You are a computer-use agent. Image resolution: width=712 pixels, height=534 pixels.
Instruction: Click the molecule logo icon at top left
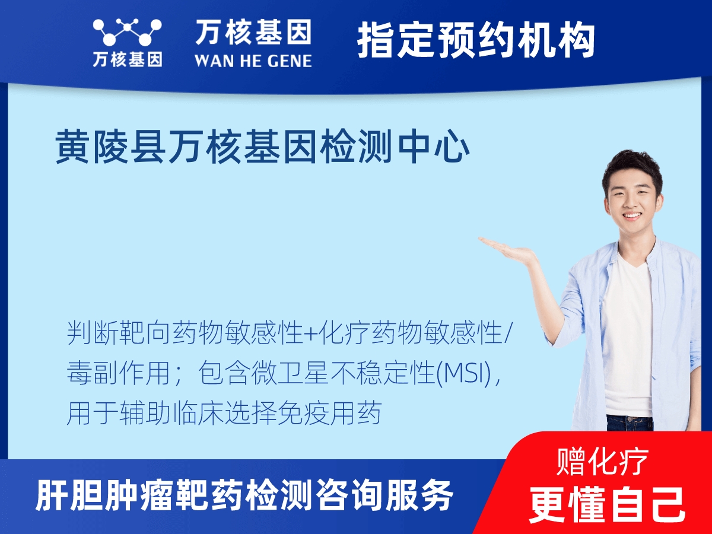click(127, 33)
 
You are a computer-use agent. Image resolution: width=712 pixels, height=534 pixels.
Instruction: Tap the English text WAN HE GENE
click(253, 60)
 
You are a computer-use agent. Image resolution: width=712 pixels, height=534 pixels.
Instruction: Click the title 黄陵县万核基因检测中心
click(263, 148)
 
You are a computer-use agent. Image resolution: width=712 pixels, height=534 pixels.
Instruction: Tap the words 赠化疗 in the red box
click(603, 461)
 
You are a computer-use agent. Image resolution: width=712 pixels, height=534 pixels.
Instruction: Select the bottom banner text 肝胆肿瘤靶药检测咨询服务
click(245, 495)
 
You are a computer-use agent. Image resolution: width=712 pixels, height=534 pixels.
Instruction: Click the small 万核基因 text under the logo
click(127, 59)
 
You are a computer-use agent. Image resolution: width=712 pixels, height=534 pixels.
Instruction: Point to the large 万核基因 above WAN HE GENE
click(253, 32)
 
